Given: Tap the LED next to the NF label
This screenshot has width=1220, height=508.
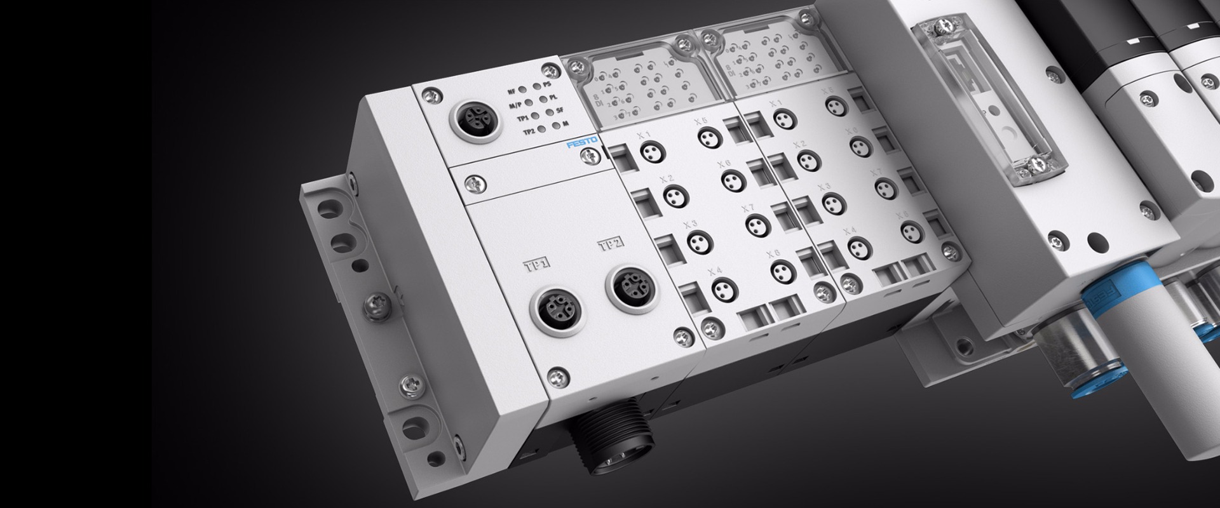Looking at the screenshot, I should pos(522,91).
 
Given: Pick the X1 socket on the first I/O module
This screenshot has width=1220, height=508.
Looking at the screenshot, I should pos(649,150).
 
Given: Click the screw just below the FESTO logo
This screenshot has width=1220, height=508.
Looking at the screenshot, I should pos(592,156).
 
